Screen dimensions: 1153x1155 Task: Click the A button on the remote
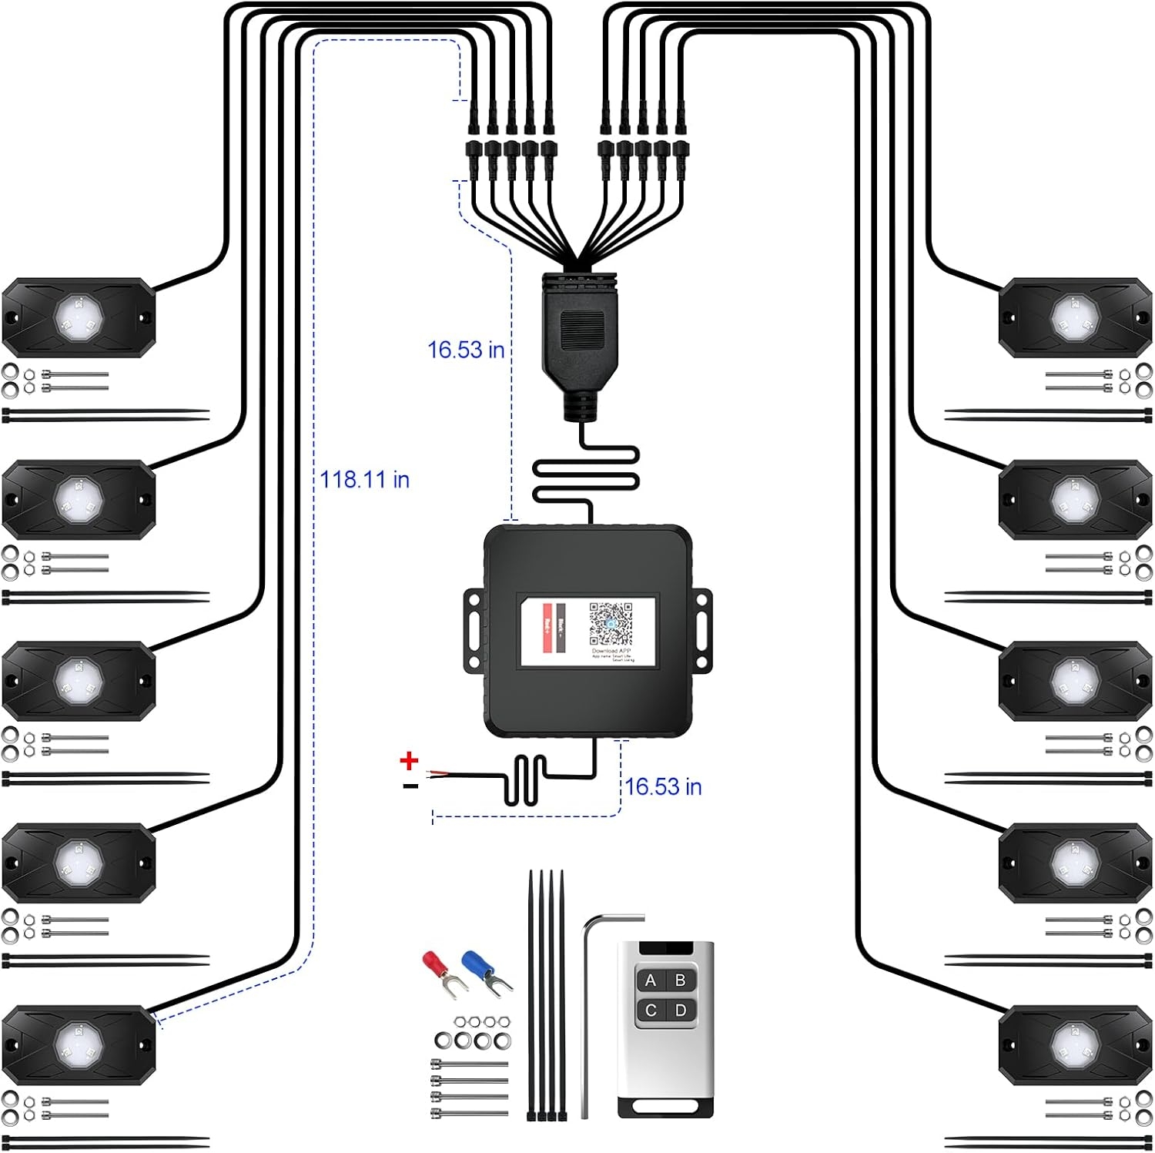[x=651, y=980]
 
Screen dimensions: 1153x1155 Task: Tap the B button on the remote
[x=681, y=980]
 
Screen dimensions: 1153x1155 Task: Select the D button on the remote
[x=681, y=1011]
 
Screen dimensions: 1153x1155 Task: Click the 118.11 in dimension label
[x=365, y=480]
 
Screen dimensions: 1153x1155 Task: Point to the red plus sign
[x=409, y=761]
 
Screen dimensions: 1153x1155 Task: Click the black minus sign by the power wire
[x=410, y=786]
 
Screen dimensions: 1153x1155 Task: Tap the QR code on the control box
[x=611, y=624]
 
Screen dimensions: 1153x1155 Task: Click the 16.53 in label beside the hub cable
[x=466, y=350]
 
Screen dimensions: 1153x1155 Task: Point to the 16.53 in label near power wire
[x=663, y=786]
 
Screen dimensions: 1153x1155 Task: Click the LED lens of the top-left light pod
[x=78, y=315]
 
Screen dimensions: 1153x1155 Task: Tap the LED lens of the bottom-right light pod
[x=1073, y=1044]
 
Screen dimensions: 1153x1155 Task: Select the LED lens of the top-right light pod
[x=1073, y=316]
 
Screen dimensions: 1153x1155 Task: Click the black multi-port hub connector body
[x=579, y=331]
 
